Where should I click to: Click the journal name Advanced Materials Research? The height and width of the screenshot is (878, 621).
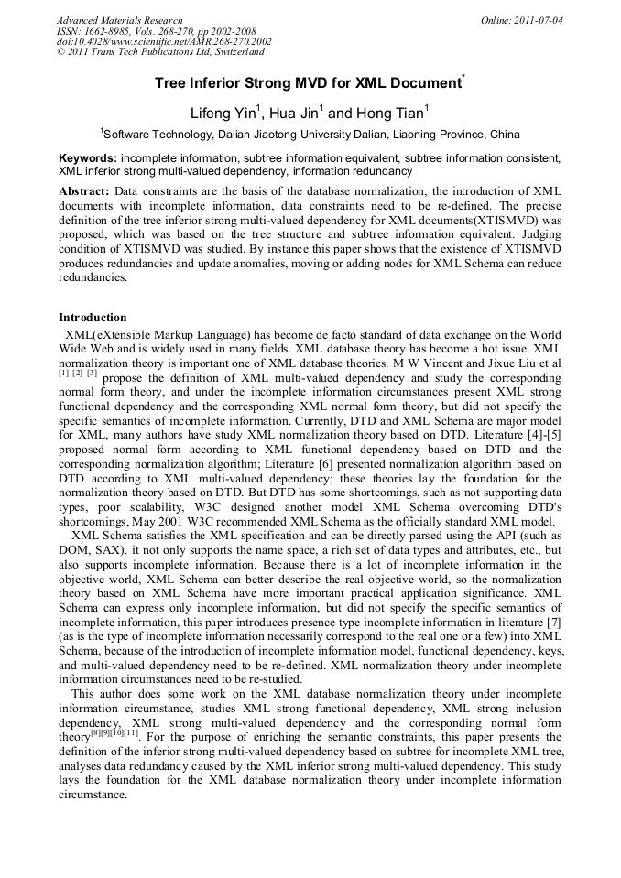tap(119, 20)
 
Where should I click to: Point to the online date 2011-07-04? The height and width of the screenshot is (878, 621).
tap(533, 20)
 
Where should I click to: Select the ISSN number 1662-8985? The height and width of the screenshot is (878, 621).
tap(106, 31)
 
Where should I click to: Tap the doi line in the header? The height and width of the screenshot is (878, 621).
tap(164, 42)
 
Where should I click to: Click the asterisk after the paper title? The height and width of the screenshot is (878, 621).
tap(464, 80)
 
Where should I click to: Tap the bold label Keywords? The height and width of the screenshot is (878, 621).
tap(88, 158)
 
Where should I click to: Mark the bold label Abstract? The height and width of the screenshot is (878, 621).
tap(84, 191)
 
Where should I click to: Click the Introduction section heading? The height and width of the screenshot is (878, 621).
tap(93, 318)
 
